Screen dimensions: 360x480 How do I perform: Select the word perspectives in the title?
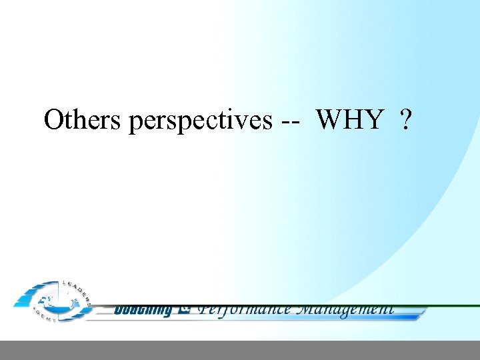(200, 121)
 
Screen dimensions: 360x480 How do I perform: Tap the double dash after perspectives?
(291, 121)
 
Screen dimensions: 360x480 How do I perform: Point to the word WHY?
(350, 120)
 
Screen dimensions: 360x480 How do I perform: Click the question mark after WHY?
(405, 120)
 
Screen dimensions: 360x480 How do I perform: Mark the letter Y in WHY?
(374, 120)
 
